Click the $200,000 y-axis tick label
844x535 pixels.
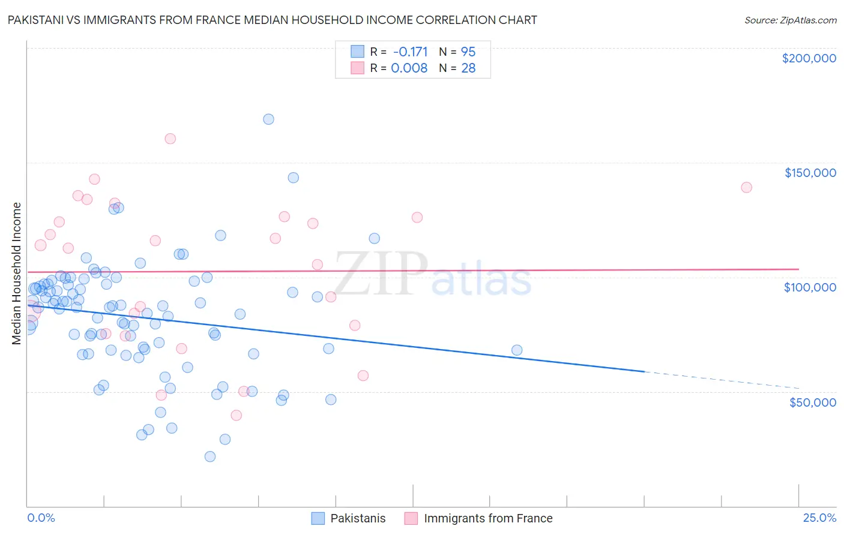809,58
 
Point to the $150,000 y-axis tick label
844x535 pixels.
810,173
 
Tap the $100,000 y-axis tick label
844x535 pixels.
810,287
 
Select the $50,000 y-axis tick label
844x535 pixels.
813,402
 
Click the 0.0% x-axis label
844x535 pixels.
41,518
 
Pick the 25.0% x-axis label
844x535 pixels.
819,518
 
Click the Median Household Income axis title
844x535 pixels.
16,273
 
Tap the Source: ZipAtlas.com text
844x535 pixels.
791,20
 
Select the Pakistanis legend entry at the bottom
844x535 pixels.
349,518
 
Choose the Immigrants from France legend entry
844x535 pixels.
478,518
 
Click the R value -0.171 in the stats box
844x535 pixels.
410,52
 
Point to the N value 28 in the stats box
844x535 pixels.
468,68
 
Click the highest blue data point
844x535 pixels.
269,119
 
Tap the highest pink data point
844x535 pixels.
170,139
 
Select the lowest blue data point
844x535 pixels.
210,456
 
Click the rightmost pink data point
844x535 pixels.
746,187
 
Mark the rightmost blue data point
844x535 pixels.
517,350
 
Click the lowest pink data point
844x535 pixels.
237,415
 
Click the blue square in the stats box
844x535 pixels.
357,52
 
